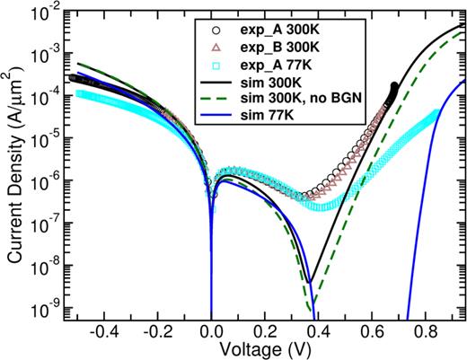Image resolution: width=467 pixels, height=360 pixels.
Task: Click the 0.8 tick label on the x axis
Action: point(425,331)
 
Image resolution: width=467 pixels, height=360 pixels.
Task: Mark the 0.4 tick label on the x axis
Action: point(318,331)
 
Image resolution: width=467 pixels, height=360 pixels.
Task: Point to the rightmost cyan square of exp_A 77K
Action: point(436,112)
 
